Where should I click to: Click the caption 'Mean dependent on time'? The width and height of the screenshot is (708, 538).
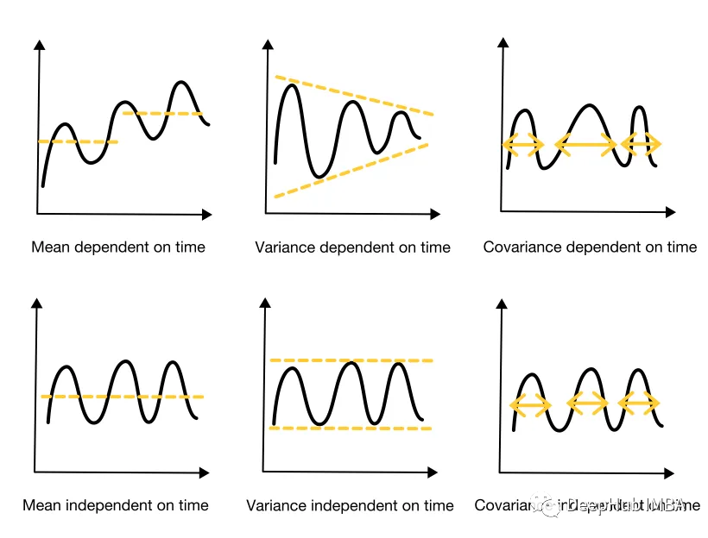click(x=118, y=247)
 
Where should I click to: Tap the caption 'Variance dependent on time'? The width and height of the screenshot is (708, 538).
click(x=352, y=247)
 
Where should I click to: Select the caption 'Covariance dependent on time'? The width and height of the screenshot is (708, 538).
click(x=590, y=247)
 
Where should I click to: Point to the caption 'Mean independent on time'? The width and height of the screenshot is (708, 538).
click(x=116, y=505)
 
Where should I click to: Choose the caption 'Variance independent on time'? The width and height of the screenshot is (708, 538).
click(x=350, y=505)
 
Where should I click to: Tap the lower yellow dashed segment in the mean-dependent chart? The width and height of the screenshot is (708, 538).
click(x=78, y=141)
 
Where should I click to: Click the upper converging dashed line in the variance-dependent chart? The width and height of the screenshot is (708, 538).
click(x=354, y=95)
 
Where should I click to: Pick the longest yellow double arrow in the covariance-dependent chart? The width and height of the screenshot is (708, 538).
click(x=586, y=145)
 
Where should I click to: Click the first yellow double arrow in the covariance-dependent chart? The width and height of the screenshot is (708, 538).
click(x=523, y=145)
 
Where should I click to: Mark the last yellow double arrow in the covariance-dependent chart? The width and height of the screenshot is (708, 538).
click(x=642, y=144)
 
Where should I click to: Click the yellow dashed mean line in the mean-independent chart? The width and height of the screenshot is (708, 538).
click(x=122, y=397)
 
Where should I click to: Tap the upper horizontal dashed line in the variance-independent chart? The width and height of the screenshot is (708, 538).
click(x=351, y=360)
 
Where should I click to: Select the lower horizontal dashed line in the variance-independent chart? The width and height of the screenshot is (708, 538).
click(x=351, y=428)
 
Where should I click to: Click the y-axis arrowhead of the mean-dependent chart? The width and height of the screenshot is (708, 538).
click(x=38, y=44)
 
